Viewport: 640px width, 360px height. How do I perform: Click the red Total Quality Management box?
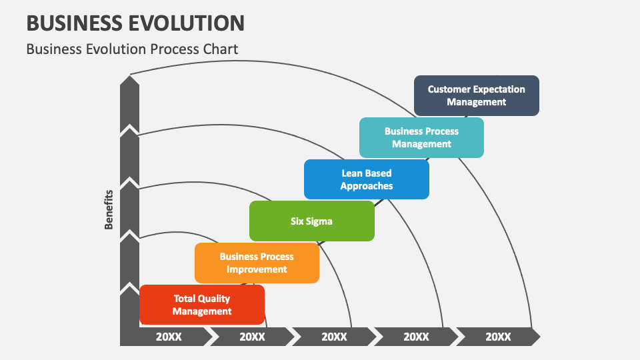click(202, 305)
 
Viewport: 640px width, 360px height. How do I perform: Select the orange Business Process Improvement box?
click(257, 263)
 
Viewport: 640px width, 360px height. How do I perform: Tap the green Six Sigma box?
click(311, 221)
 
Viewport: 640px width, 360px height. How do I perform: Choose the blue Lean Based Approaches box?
click(366, 179)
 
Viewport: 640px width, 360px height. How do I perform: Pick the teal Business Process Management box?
click(421, 137)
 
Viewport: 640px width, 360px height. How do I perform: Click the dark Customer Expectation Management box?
click(476, 95)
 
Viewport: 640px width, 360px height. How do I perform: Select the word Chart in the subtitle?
click(221, 49)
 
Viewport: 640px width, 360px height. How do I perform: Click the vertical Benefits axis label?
click(109, 209)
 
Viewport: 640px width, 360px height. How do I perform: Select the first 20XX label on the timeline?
click(169, 337)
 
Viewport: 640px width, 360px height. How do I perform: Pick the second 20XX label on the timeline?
click(252, 337)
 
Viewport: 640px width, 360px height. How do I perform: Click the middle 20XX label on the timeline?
click(334, 337)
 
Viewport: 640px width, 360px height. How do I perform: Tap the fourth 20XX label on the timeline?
click(416, 337)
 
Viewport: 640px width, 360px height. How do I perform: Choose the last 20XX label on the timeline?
click(498, 337)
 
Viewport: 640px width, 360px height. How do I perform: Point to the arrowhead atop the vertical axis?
click(129, 79)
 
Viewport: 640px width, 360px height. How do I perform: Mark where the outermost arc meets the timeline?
click(532, 328)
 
